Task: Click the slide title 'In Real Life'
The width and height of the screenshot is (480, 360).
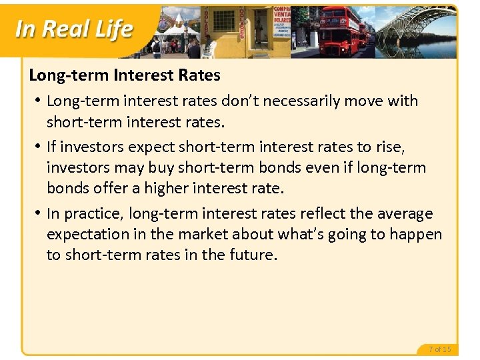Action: pyautogui.click(x=73, y=29)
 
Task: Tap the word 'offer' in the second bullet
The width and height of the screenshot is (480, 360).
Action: pyautogui.click(x=99, y=188)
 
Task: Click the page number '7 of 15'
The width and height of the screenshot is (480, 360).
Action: pyautogui.click(x=440, y=349)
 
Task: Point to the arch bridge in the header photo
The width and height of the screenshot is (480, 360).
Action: pyautogui.click(x=419, y=27)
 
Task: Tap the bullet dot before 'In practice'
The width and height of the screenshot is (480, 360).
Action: pyautogui.click(x=38, y=213)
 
